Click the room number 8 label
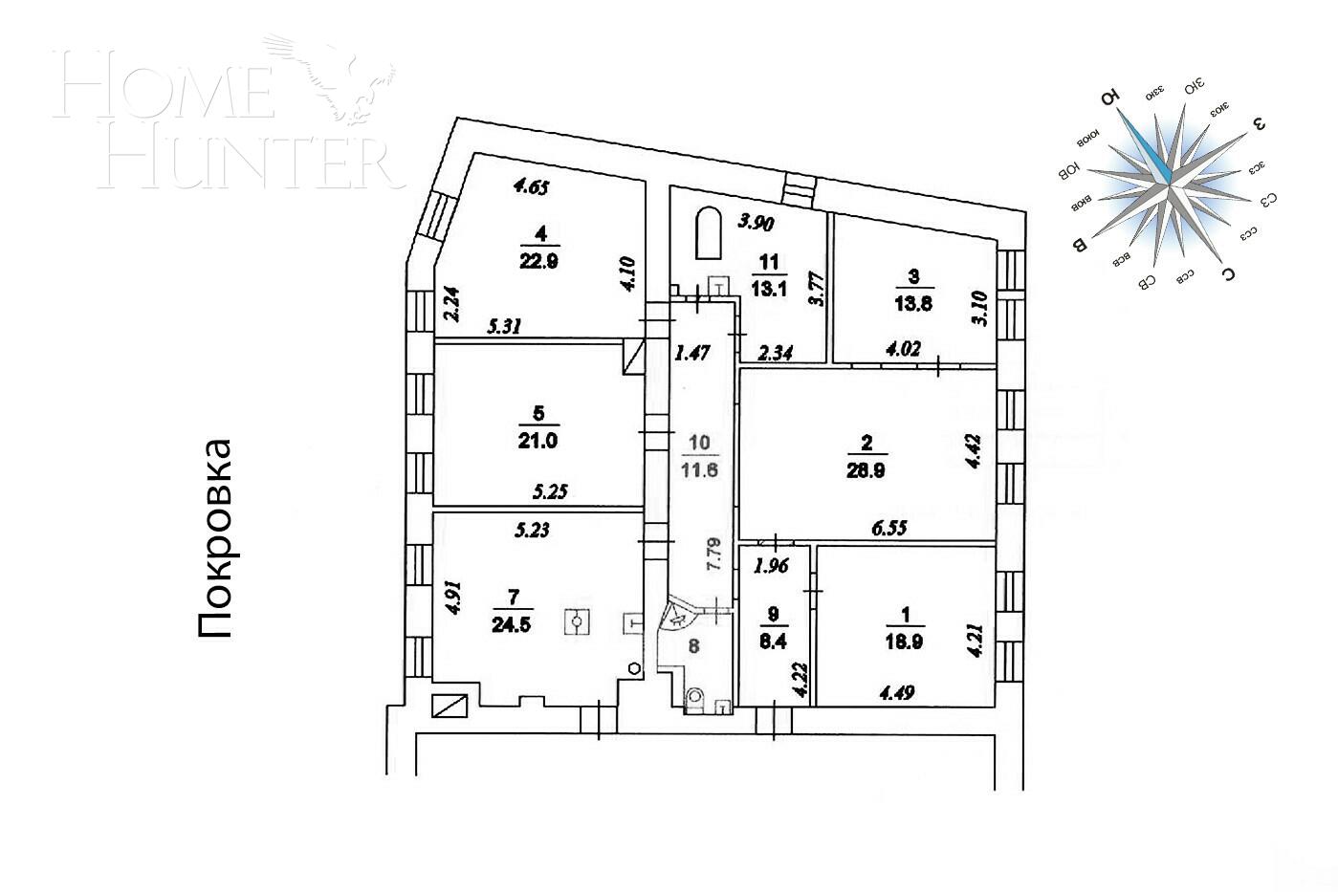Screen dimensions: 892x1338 [x=693, y=646]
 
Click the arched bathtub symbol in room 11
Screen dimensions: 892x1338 [x=707, y=233]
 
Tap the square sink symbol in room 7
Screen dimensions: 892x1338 [x=578, y=623]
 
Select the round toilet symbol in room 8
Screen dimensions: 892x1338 [x=695, y=697]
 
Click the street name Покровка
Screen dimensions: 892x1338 [x=215, y=538]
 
